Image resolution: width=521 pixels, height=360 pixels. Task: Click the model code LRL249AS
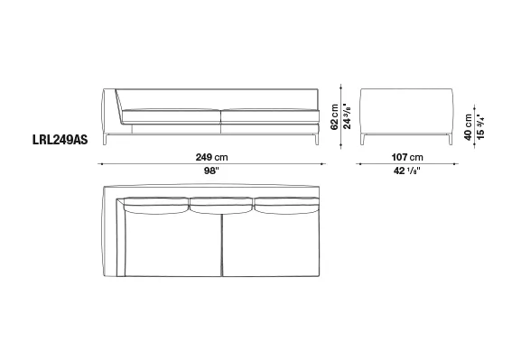point(60,140)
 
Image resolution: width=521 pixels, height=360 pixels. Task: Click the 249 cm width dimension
point(211,157)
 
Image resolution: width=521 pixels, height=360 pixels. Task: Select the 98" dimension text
point(211,171)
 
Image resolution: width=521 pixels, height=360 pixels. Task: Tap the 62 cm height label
point(334,117)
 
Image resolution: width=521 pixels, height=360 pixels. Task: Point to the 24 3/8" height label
point(347,116)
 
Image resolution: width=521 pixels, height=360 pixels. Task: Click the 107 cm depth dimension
point(407,157)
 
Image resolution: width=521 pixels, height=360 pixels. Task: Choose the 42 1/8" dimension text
point(407,171)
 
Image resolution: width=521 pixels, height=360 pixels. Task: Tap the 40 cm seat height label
point(468,127)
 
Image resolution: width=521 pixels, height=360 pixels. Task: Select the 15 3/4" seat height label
point(480,127)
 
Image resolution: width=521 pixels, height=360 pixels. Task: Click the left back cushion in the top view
point(155,205)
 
